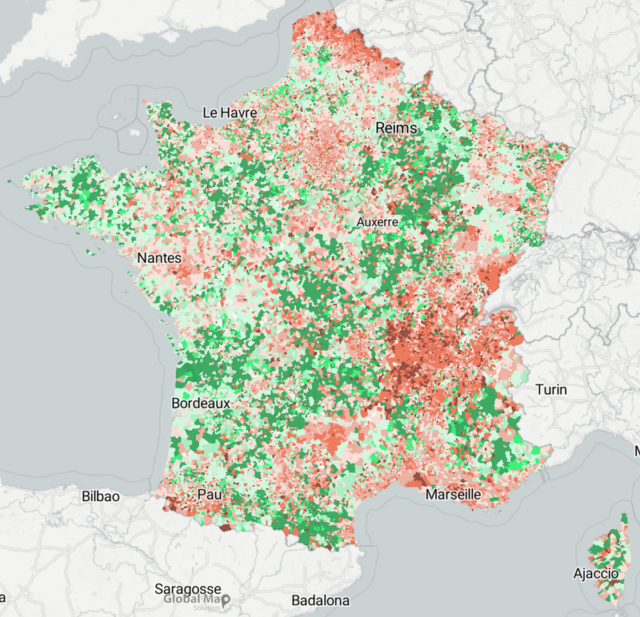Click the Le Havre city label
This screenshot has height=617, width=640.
[230, 113]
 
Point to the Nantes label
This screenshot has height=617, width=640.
[159, 258]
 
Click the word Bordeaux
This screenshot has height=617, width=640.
[201, 404]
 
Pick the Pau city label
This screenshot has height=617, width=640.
[209, 496]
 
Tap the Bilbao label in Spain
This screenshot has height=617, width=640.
[101, 496]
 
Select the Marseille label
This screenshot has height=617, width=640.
[454, 495]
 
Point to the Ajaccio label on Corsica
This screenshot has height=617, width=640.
[596, 573]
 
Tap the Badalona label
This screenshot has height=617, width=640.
[320, 600]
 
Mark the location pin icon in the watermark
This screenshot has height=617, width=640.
[226, 599]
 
